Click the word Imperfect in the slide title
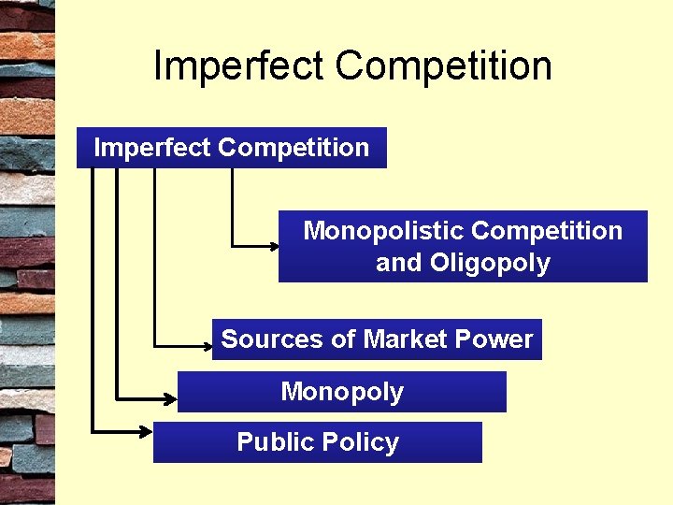pyautogui.click(x=239, y=66)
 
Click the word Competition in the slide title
pyautogui.click(x=443, y=66)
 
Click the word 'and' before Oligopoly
pyautogui.click(x=399, y=263)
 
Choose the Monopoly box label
pyautogui.click(x=342, y=392)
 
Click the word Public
pyautogui.click(x=273, y=442)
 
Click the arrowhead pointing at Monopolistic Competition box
pyautogui.click(x=273, y=246)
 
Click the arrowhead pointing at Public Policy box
pyautogui.click(x=147, y=430)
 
